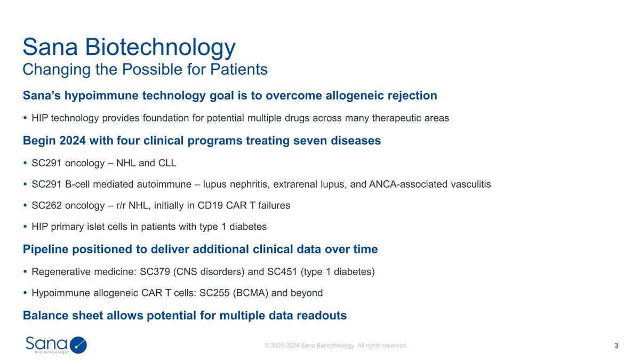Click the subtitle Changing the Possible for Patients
[145, 69]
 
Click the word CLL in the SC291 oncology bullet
[167, 163]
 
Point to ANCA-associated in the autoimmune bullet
[402, 184]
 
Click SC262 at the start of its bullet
[46, 205]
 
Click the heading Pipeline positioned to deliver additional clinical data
[200, 249]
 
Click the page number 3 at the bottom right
[617, 346]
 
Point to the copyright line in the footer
[336, 346]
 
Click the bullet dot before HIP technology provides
[26, 118]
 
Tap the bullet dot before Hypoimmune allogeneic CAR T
[26, 293]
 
